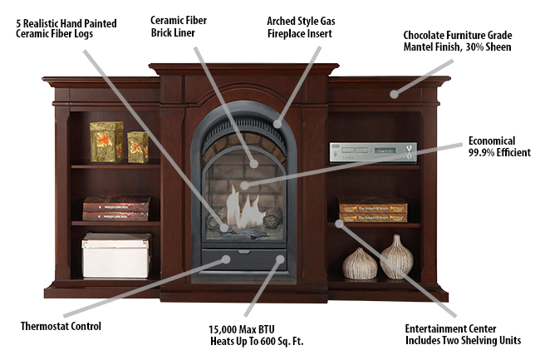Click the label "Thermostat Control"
pyautogui.click(x=61, y=326)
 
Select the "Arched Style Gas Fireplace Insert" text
pyautogui.click(x=301, y=26)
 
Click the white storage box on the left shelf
pyautogui.click(x=116, y=255)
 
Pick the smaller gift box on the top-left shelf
pyautogui.click(x=137, y=146)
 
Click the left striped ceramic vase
pyautogui.click(x=361, y=264)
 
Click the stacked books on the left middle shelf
pyautogui.click(x=116, y=210)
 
